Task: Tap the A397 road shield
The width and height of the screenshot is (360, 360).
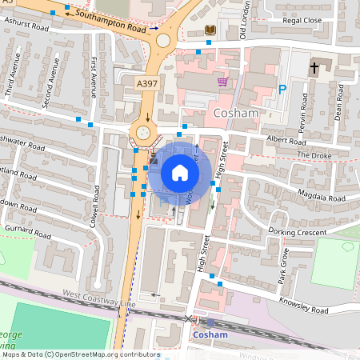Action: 147,83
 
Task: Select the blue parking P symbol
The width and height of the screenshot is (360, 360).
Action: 282,90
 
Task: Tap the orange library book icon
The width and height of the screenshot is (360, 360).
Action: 210,30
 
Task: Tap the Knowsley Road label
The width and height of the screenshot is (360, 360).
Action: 303,304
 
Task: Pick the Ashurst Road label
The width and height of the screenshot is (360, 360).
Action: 26,25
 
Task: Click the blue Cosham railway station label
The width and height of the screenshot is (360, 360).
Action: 211,334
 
